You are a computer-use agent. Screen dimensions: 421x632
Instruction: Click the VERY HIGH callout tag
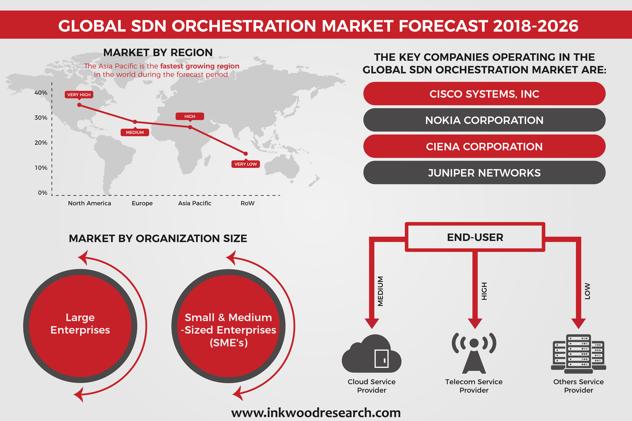click(x=79, y=94)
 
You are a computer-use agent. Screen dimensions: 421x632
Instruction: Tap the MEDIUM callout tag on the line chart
click(x=135, y=132)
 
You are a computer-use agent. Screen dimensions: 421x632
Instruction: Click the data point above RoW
click(x=246, y=154)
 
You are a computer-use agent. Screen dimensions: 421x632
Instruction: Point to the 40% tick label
click(x=41, y=93)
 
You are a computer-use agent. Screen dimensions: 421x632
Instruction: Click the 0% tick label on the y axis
click(x=42, y=193)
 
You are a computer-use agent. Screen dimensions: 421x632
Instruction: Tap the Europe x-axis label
click(x=142, y=203)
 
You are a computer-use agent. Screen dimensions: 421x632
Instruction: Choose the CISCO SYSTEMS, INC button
click(x=484, y=94)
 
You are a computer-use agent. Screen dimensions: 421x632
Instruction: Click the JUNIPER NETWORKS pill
click(x=484, y=173)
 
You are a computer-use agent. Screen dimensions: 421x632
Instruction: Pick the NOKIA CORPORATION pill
click(x=484, y=120)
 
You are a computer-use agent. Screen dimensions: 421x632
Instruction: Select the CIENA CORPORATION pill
click(x=484, y=146)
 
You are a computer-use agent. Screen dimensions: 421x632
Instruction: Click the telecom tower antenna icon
click(x=474, y=353)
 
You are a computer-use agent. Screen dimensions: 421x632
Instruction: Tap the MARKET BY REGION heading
click(x=158, y=53)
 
